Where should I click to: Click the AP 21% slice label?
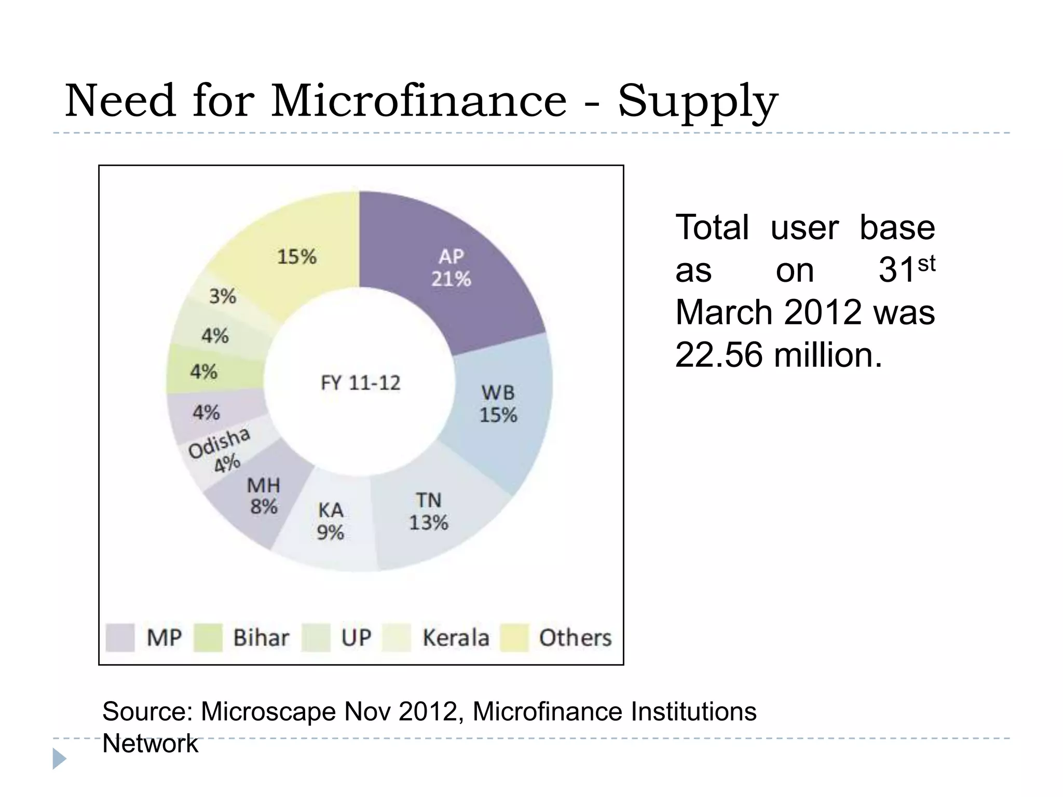pyautogui.click(x=451, y=268)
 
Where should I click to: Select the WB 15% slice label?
pyautogui.click(x=498, y=404)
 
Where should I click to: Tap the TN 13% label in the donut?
pyautogui.click(x=429, y=512)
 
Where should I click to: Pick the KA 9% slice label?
pyautogui.click(x=331, y=521)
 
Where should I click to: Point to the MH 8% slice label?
pyautogui.click(x=264, y=496)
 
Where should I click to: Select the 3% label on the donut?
pyautogui.click(x=223, y=296)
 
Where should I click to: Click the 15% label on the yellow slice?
pyautogui.click(x=296, y=256)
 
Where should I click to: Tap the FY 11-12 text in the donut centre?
pyautogui.click(x=361, y=383)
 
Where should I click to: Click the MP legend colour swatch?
pyautogui.click(x=120, y=638)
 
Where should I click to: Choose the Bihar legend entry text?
pyautogui.click(x=261, y=638)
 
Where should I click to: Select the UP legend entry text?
pyautogui.click(x=356, y=638)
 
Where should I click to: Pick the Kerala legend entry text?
pyautogui.click(x=456, y=638)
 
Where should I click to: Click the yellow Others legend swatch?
pyautogui.click(x=514, y=638)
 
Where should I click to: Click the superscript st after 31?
pyautogui.click(x=926, y=264)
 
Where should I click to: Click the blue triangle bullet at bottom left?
pyautogui.click(x=59, y=759)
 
